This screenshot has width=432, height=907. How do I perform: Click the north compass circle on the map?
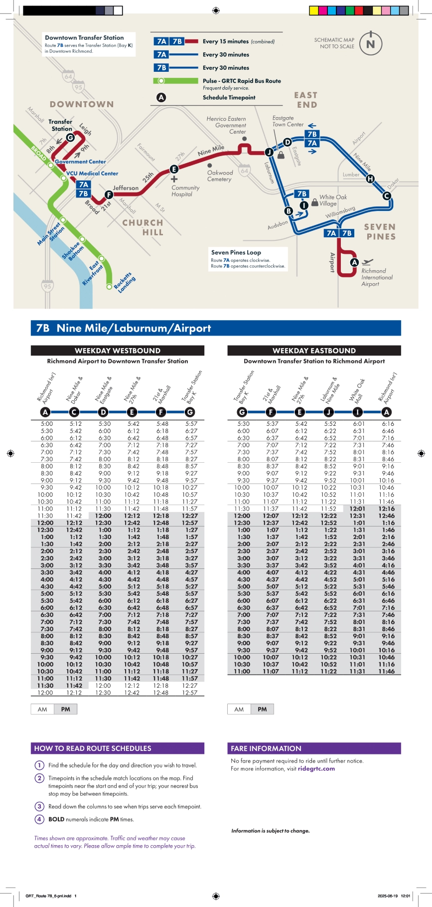[370, 44]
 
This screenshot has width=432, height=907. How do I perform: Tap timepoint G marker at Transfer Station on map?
[70, 138]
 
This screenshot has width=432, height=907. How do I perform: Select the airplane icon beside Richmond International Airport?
[368, 262]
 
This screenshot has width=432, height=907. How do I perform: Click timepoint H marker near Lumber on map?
[370, 179]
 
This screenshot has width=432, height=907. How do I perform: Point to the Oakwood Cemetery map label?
[220, 176]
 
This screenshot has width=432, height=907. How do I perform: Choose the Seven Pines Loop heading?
[236, 252]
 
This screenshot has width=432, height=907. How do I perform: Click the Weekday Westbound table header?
[118, 351]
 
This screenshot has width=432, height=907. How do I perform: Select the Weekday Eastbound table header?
[314, 351]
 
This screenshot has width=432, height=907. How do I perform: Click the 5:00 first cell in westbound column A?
[47, 424]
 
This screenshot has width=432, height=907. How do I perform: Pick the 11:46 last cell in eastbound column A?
[387, 672]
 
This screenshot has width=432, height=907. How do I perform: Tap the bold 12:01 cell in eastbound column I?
[358, 509]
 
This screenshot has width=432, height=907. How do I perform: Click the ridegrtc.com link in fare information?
[316, 769]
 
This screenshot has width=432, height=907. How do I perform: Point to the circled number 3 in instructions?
[39, 806]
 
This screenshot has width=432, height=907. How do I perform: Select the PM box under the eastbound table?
[262, 709]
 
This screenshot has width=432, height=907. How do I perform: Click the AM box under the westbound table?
[42, 709]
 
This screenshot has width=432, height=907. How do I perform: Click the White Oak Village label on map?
[333, 200]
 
